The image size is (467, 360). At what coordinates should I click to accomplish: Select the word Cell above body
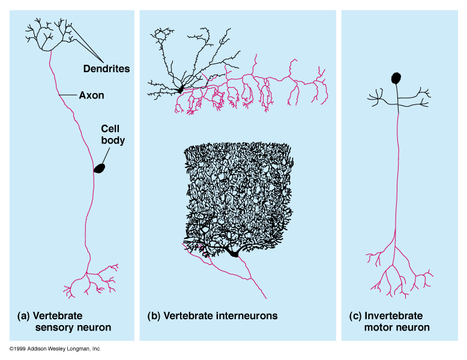[110, 129]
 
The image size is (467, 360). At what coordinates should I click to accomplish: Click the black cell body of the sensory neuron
[99, 169]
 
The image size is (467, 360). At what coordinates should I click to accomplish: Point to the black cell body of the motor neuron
[396, 77]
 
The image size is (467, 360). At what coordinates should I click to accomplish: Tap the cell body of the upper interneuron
[179, 90]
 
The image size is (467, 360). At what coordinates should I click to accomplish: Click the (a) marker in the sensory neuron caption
[24, 316]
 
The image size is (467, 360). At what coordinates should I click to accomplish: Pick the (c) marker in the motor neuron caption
[355, 316]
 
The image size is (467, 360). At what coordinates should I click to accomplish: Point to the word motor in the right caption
[378, 328]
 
